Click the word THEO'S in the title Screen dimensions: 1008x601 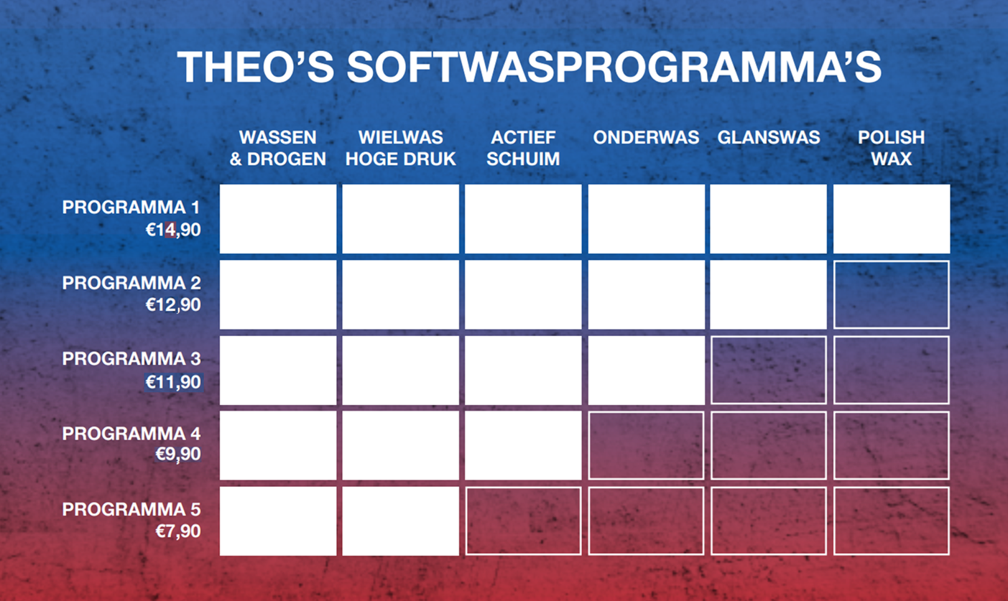[x=256, y=67]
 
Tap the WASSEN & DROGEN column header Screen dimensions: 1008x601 [x=277, y=148]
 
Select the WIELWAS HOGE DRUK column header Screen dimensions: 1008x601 [x=400, y=148]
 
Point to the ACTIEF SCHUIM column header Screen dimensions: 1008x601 [x=523, y=148]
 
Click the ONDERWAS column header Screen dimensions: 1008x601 [x=646, y=137]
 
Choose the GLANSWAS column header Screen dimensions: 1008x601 [x=769, y=137]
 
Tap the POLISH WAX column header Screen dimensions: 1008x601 [x=891, y=148]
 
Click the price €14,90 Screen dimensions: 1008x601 [x=173, y=230]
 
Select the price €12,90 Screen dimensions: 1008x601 [x=173, y=305]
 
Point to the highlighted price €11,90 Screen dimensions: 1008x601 [x=173, y=382]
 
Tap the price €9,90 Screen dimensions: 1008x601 [x=178, y=455]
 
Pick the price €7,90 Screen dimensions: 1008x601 [x=178, y=531]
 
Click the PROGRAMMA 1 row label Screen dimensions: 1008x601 [x=131, y=208]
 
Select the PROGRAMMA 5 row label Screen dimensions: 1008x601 [x=131, y=509]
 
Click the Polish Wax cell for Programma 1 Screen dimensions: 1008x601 [x=892, y=218]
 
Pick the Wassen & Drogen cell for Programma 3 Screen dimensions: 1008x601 [x=278, y=371]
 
